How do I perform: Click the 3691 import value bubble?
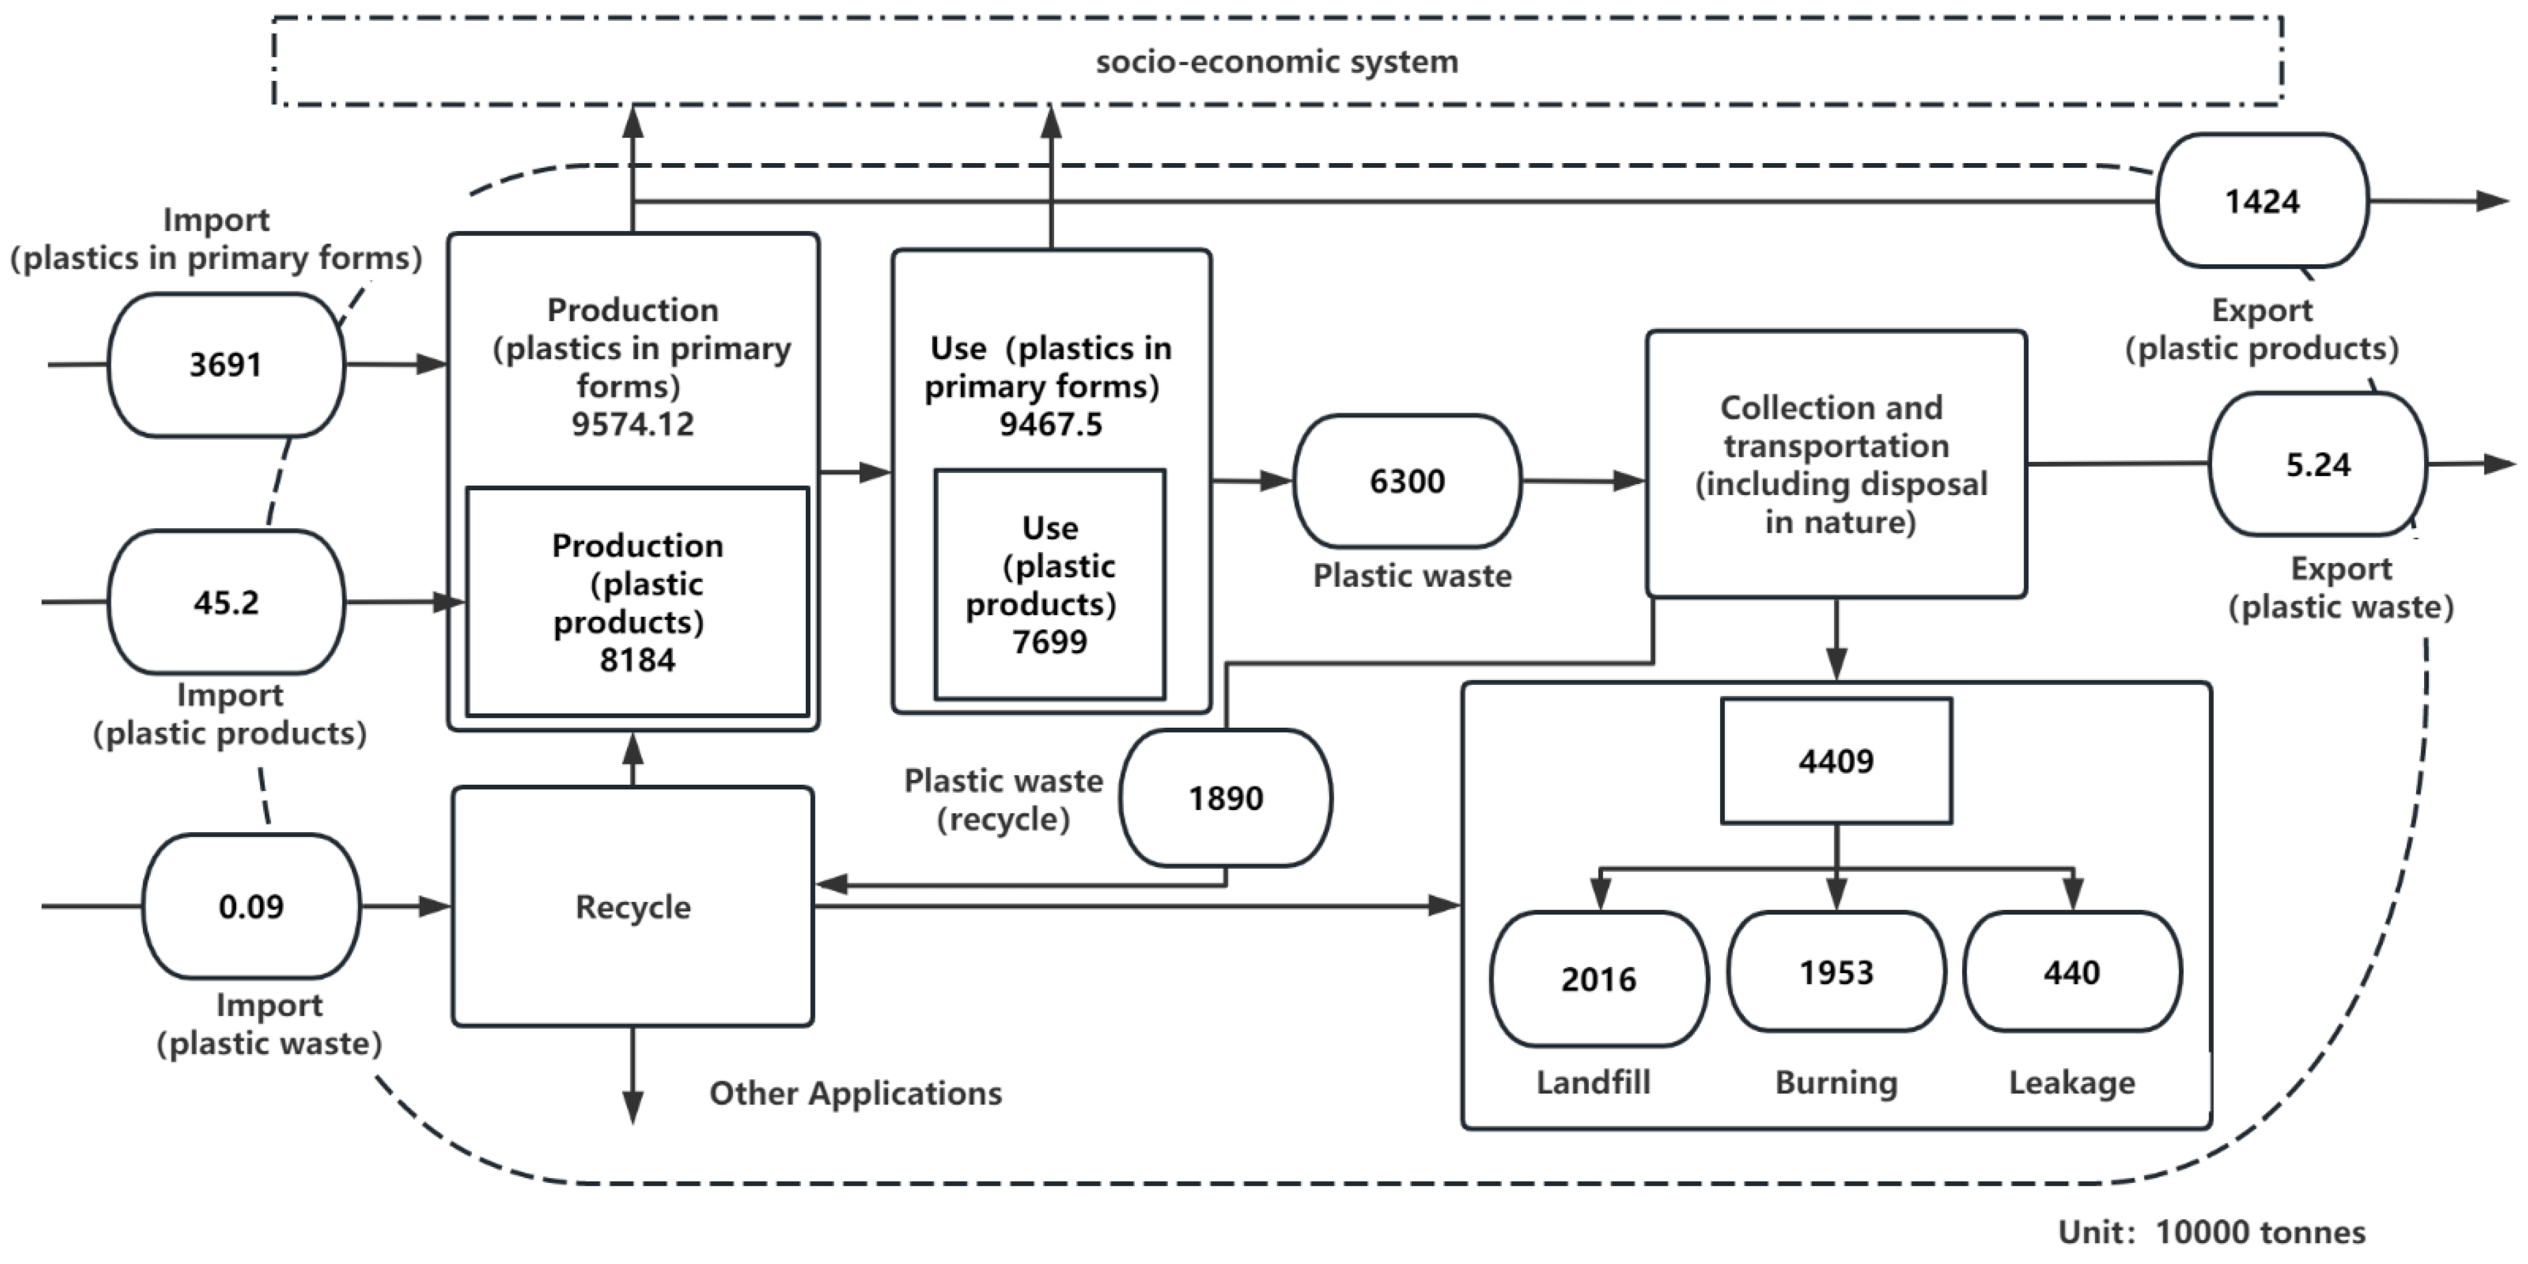pyautogui.click(x=226, y=365)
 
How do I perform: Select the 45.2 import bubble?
pyautogui.click(x=226, y=602)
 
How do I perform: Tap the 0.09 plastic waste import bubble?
pyautogui.click(x=251, y=906)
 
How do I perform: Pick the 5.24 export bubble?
pyautogui.click(x=2317, y=464)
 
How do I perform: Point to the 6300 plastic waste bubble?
pyautogui.click(x=1407, y=481)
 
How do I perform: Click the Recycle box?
pyautogui.click(x=633, y=907)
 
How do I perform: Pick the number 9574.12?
pyautogui.click(x=632, y=424)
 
